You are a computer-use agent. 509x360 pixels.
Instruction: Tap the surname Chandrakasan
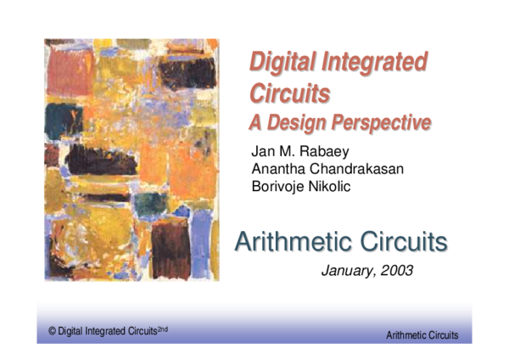tap(355, 168)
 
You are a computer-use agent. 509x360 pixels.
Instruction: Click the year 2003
tap(396, 271)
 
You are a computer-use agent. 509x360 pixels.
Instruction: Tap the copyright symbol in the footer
tap(52, 332)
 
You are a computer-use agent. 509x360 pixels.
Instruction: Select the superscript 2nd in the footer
tap(162, 329)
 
